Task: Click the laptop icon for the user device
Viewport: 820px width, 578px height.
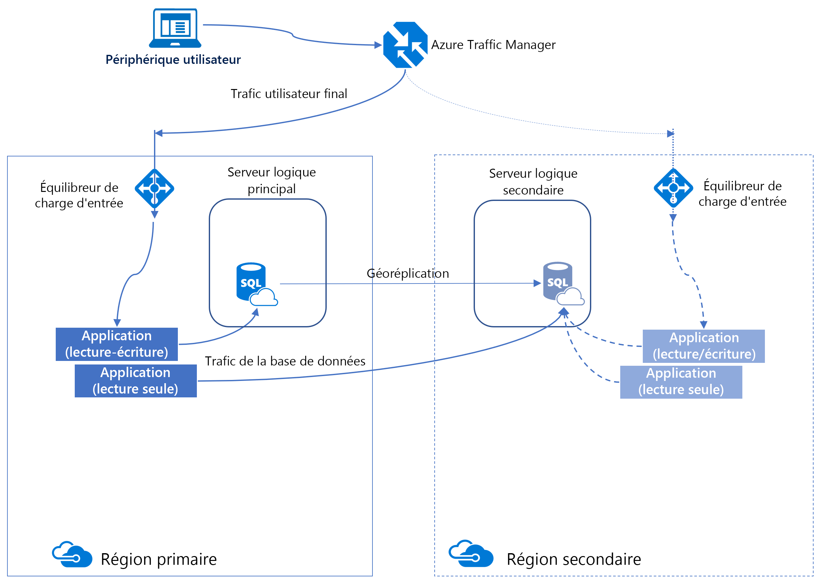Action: pyautogui.click(x=175, y=28)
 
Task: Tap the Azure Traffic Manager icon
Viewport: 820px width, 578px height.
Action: pyautogui.click(x=405, y=45)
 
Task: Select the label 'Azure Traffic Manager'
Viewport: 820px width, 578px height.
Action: pyautogui.click(x=493, y=45)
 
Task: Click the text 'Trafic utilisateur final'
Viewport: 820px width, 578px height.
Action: pyautogui.click(x=289, y=94)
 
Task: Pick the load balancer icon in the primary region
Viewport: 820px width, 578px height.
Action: pyautogui.click(x=154, y=188)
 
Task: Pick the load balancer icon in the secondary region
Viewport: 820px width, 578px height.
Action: pyautogui.click(x=673, y=188)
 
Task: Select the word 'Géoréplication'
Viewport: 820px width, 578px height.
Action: pyautogui.click(x=408, y=274)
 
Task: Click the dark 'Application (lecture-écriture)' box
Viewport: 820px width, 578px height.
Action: pyautogui.click(x=117, y=344)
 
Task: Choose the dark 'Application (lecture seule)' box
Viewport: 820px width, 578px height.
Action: pyautogui.click(x=136, y=381)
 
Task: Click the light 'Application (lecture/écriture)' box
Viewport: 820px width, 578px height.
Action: pyautogui.click(x=704, y=346)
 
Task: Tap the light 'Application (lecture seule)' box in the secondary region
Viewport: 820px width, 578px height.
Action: pyautogui.click(x=681, y=382)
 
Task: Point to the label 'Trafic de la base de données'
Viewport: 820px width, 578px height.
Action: pyautogui.click(x=285, y=361)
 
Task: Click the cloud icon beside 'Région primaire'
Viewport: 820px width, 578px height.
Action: pyautogui.click(x=72, y=555)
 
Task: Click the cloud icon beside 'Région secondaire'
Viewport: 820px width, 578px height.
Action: pyautogui.click(x=470, y=554)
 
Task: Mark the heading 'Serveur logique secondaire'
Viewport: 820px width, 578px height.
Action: pyautogui.click(x=533, y=182)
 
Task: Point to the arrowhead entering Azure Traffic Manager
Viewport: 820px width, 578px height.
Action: pyautogui.click(x=378, y=45)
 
